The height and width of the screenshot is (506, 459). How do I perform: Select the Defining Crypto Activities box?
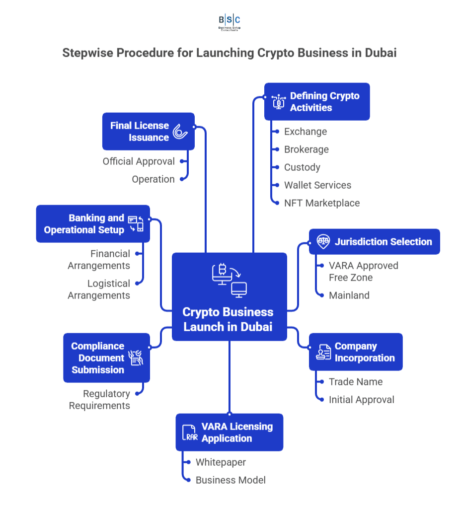(317, 102)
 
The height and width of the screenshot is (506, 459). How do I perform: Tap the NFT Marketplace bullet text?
(321, 203)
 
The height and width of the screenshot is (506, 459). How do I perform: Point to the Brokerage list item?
(306, 149)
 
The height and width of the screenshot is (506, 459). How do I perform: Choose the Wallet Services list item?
(317, 185)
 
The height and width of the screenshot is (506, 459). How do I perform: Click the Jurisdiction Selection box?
(374, 242)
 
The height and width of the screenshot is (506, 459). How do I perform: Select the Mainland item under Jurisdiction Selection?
(349, 295)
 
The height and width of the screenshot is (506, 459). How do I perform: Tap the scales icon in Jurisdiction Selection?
(323, 242)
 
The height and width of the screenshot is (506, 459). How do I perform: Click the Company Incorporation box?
(356, 352)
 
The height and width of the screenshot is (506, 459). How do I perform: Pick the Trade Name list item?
(355, 382)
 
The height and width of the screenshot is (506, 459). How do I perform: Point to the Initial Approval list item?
(361, 400)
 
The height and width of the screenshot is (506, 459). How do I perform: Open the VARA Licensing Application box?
(229, 433)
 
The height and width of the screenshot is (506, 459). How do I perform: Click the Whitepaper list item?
(221, 462)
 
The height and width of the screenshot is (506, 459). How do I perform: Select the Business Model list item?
(230, 480)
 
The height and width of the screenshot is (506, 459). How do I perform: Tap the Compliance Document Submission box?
(106, 358)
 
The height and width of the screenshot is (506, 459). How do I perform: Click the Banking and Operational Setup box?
(93, 224)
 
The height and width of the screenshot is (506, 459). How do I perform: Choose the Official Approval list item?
(139, 161)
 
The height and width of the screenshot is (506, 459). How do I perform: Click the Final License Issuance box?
(148, 132)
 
